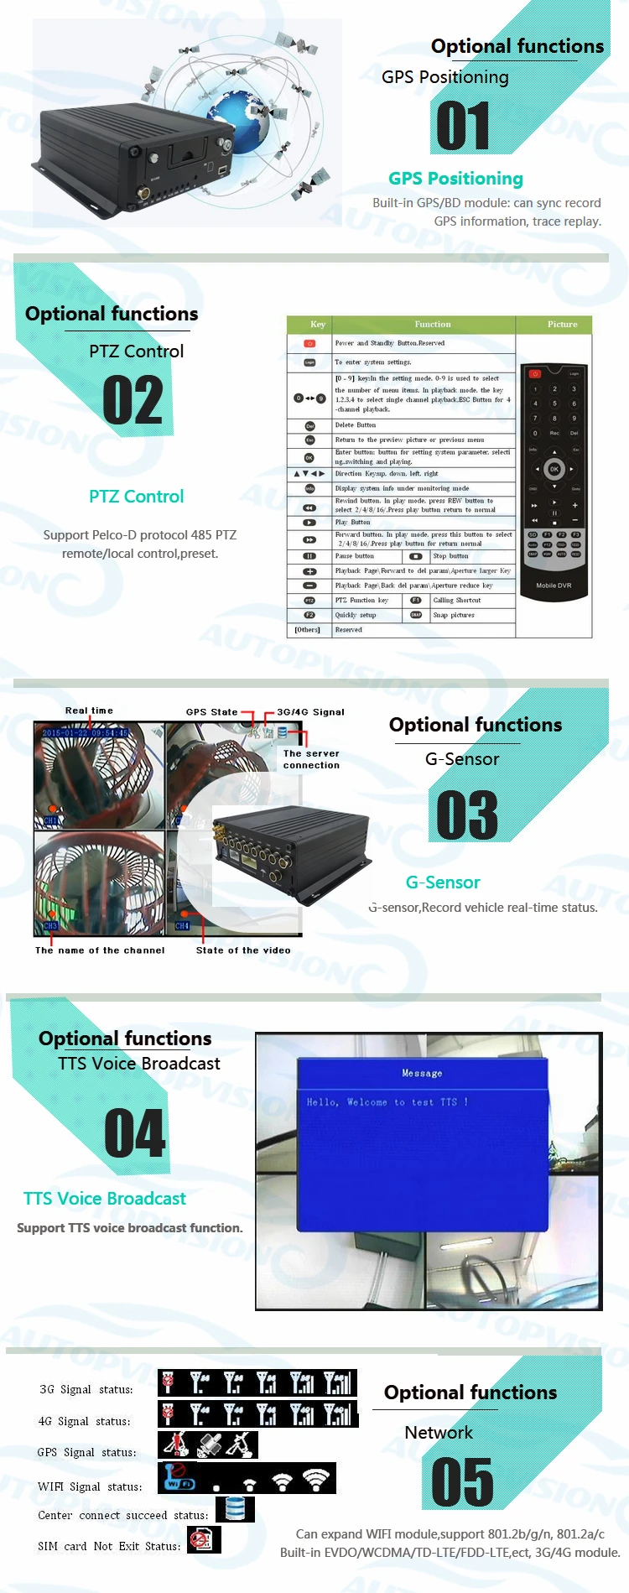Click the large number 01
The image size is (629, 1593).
pos(463,127)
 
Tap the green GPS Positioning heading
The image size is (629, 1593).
pos(455,179)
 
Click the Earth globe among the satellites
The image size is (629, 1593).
pos(238,122)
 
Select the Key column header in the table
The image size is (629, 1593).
pos(318,325)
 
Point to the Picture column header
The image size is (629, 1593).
pos(562,325)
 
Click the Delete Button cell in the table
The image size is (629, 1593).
pos(356,425)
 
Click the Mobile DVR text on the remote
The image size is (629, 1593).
pos(554,586)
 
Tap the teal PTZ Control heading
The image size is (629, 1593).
pos(136,497)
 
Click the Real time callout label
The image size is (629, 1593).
pos(89,711)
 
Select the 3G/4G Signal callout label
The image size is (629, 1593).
pos(310,712)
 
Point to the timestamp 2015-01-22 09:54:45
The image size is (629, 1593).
pos(86,733)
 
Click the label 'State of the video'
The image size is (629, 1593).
pos(243,950)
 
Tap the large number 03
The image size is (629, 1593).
pos(467,815)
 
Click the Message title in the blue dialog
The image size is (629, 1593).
pos(422,1074)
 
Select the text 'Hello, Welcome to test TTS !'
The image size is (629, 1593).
pos(387,1102)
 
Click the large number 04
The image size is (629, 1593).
pos(135,1134)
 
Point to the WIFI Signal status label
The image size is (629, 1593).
pos(90,1487)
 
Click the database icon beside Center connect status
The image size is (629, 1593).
pos(235,1509)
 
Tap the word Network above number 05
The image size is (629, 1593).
pos(439,1433)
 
